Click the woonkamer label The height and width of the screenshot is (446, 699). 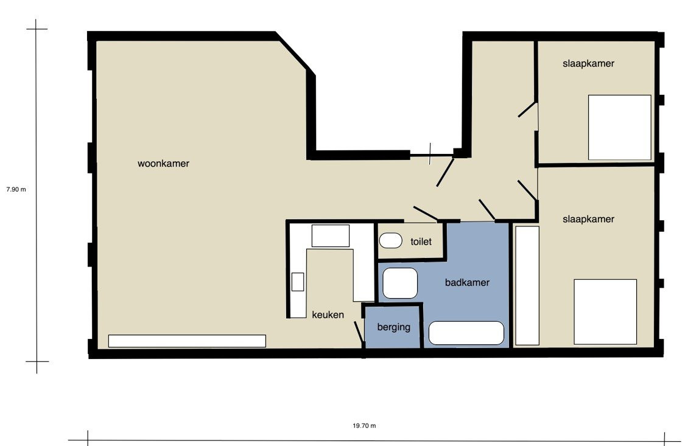pos(163,164)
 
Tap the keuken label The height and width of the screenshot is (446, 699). pos(328,315)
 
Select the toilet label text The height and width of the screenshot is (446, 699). pos(421,242)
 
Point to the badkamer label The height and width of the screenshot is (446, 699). pos(467,282)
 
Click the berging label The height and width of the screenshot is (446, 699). pos(393,327)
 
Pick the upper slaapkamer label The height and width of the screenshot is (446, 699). pos(588,63)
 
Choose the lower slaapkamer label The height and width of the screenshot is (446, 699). pos(588,219)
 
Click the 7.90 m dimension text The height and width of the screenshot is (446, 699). pos(16,189)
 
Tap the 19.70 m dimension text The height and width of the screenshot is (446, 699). pos(364,425)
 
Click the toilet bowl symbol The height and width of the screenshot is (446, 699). pos(390,240)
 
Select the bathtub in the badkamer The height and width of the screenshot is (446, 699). pos(466,333)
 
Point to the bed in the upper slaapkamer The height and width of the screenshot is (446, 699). pos(620,127)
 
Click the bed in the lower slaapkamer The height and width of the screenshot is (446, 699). pos(605,312)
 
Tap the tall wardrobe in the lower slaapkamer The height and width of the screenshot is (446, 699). pos(527,285)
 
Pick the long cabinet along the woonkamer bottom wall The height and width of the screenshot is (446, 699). pos(188,341)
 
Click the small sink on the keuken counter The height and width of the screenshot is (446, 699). pos(298,282)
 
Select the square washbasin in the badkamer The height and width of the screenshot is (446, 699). pos(400,283)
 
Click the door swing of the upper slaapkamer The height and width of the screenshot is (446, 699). pos(527,110)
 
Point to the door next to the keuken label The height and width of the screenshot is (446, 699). pos(359,333)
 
